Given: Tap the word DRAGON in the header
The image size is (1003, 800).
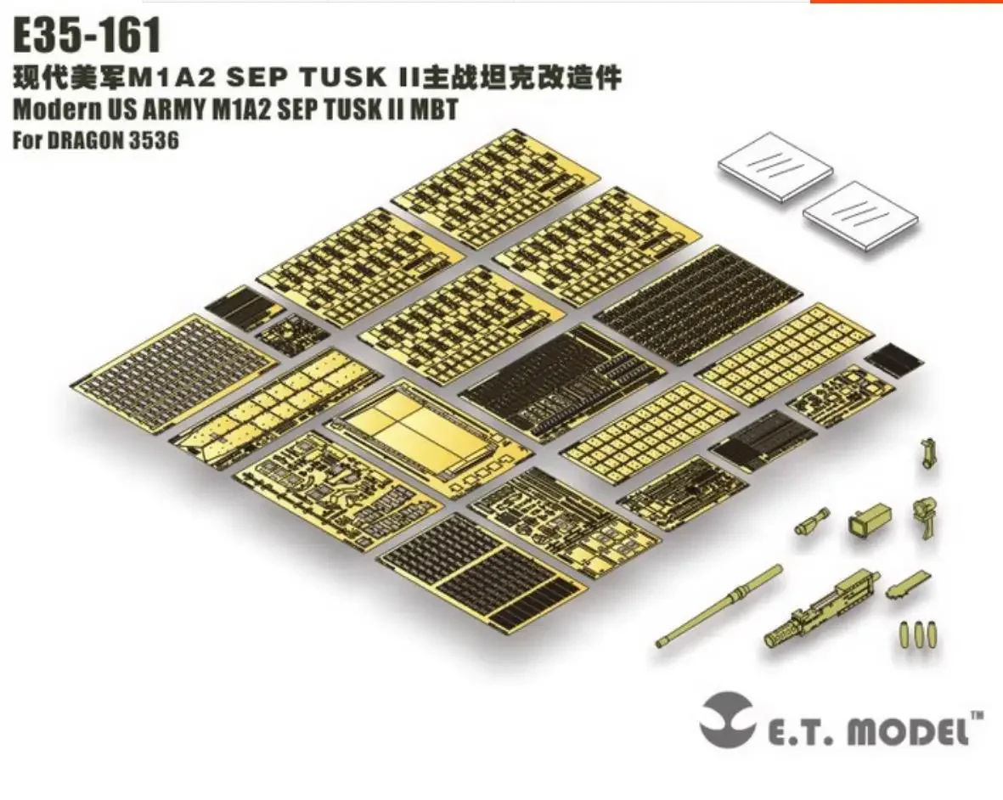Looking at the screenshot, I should pyautogui.click(x=91, y=140).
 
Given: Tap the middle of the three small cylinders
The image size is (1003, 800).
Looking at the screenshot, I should pyautogui.click(x=918, y=634).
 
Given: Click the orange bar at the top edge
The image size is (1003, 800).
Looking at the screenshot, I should pyautogui.click(x=906, y=2).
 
